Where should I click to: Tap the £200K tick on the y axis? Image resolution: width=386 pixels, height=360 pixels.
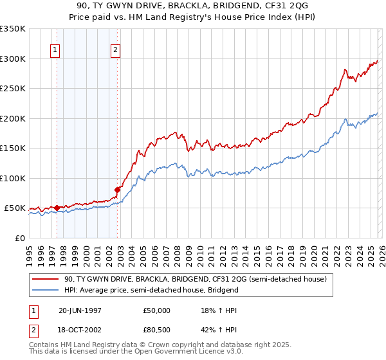click(13, 118)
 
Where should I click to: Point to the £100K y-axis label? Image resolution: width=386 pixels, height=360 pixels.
click(13, 178)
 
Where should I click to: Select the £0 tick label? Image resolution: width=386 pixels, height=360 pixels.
click(19, 238)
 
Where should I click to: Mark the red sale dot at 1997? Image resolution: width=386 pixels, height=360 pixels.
click(57, 208)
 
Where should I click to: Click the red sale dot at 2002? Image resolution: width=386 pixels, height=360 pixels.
click(118, 190)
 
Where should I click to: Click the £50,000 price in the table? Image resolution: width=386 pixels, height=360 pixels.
click(158, 310)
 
